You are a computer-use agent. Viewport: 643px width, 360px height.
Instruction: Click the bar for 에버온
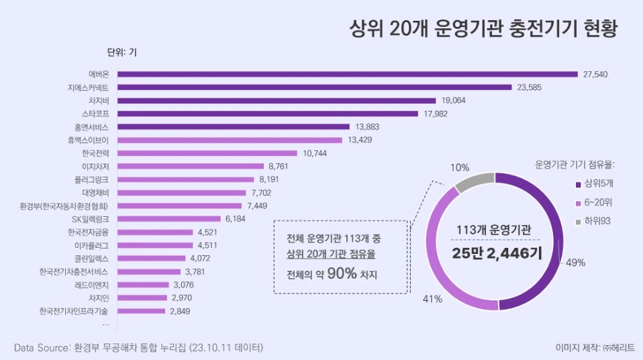(348, 74)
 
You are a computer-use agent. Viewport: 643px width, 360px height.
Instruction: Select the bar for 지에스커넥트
(315, 87)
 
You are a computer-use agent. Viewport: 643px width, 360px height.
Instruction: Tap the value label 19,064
(454, 100)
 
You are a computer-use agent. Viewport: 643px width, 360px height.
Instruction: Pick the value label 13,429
(360, 140)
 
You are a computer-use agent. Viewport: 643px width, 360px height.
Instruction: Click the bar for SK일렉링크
(169, 219)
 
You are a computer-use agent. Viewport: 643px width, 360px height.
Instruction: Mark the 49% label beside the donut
(576, 263)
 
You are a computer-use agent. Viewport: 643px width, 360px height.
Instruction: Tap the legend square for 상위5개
(579, 184)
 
